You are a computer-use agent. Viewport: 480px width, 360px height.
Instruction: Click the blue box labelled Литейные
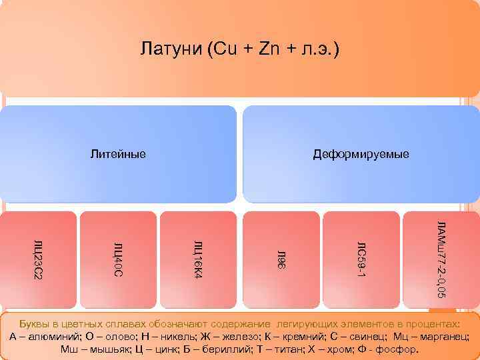tap(118, 155)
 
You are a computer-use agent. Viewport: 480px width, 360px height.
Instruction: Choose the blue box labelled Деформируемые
tap(361, 155)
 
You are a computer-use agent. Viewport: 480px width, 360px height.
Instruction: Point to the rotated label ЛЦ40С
tap(117, 257)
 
